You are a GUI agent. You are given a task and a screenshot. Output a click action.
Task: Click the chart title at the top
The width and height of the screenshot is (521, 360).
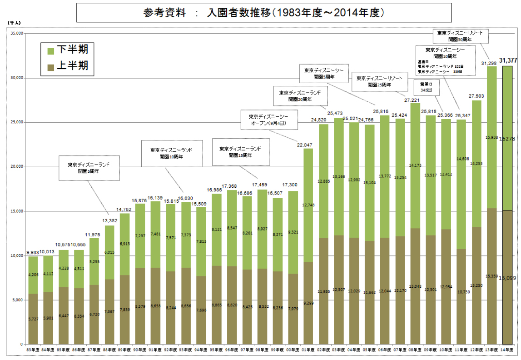pyautogui.click(x=263, y=13)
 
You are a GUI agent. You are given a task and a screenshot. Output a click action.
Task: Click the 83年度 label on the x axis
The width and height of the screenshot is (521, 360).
pyautogui.click(x=33, y=350)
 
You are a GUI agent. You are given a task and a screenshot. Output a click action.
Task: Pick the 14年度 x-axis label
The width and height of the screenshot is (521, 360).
pyautogui.click(x=507, y=350)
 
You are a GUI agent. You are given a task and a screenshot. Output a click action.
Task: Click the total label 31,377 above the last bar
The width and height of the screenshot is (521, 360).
pyautogui.click(x=508, y=60)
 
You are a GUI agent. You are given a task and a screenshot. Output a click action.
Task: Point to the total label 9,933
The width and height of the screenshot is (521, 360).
pyautogui.click(x=33, y=252)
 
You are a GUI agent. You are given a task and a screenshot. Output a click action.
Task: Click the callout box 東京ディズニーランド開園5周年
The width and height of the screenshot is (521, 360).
pyautogui.click(x=89, y=168)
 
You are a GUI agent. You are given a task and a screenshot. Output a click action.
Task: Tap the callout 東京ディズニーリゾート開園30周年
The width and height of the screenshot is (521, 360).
pyautogui.click(x=460, y=36)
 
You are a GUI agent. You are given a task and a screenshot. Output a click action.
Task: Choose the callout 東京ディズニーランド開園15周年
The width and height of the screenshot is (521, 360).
pyautogui.click(x=240, y=152)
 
